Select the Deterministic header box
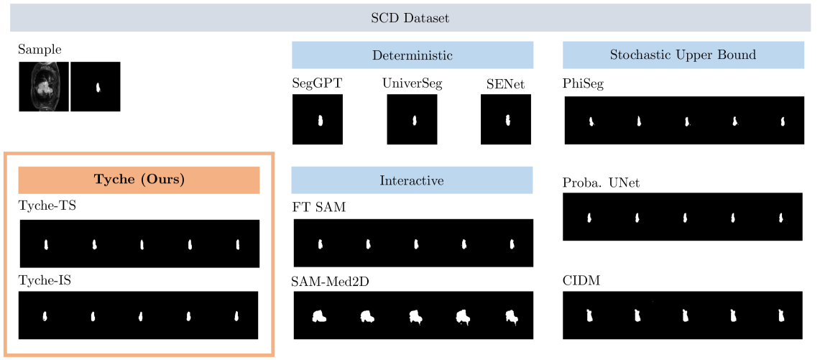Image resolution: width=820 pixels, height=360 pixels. click(x=412, y=55)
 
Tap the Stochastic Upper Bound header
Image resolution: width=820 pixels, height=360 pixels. click(x=683, y=55)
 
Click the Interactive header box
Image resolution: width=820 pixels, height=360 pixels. click(x=412, y=180)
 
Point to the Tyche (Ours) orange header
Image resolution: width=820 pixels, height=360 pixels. click(x=139, y=180)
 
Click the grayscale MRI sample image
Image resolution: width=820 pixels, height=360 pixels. click(x=44, y=87)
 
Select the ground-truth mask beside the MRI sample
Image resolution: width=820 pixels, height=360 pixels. click(x=95, y=87)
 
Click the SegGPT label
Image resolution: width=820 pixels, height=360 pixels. click(x=317, y=83)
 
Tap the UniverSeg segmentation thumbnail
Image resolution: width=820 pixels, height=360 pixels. click(x=413, y=119)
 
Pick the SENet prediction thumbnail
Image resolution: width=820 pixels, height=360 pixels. click(x=506, y=119)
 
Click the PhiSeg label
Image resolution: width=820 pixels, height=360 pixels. click(x=583, y=84)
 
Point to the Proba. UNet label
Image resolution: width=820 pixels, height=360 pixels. click(x=601, y=183)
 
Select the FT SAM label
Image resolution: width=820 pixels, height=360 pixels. click(x=318, y=208)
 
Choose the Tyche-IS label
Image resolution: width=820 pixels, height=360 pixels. click(x=45, y=281)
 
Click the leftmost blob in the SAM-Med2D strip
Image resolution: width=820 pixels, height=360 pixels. click(x=318, y=315)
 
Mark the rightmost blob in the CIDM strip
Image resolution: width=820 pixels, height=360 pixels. click(x=780, y=315)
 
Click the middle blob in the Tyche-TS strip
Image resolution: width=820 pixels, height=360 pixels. click(x=142, y=244)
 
